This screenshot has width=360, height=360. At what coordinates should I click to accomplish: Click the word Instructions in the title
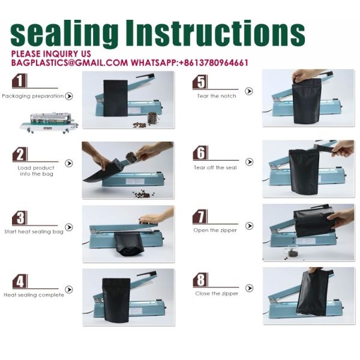click(215, 33)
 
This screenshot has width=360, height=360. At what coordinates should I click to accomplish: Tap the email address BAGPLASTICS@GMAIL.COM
click(70, 62)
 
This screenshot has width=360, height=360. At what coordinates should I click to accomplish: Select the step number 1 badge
click(20, 81)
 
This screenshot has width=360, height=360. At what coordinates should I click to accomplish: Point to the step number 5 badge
click(200, 82)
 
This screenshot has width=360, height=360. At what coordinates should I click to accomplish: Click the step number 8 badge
click(200, 280)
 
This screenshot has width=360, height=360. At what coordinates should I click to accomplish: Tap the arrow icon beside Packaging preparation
click(68, 96)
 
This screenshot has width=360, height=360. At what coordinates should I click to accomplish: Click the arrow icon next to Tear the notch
click(248, 91)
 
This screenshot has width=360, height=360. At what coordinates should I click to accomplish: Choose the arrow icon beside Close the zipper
click(249, 288)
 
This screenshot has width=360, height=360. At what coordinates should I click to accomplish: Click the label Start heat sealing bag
click(34, 232)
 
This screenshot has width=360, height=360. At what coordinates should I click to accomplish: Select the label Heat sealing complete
click(34, 295)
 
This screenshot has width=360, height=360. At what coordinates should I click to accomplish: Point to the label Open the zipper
click(215, 230)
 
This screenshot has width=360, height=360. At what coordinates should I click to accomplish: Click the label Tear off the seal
click(215, 167)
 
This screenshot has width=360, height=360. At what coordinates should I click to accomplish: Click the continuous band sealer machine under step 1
click(49, 122)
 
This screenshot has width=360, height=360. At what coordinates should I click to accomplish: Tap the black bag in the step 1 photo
click(115, 98)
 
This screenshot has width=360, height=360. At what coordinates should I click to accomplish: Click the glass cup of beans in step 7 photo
click(291, 251)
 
